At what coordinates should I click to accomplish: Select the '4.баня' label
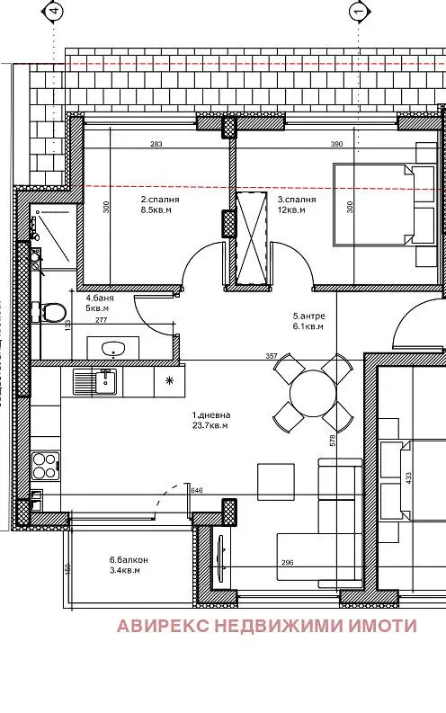click(100, 298)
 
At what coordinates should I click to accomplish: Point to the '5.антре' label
click(308, 316)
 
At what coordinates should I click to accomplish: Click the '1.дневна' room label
click(211, 415)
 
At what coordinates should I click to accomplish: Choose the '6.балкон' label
click(129, 559)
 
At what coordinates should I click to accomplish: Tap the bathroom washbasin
click(113, 348)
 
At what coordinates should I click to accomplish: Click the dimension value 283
click(156, 144)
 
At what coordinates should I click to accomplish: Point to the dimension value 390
click(337, 144)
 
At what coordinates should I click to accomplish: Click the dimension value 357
click(272, 357)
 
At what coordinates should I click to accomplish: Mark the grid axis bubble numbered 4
click(55, 12)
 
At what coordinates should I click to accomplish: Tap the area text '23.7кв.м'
click(211, 426)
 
